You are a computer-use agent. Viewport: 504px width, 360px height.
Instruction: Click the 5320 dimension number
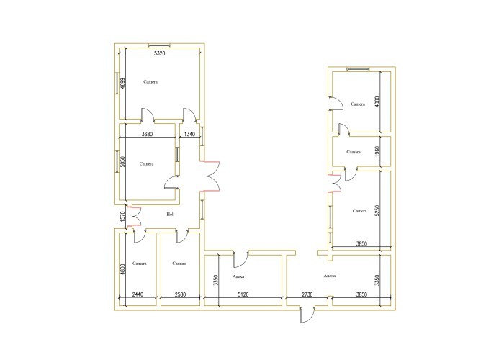tap(159, 53)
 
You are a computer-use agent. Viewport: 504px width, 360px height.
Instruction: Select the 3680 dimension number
tap(147, 134)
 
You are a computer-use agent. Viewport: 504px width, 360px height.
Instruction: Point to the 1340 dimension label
tap(189, 134)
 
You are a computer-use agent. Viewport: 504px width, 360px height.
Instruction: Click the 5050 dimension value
tap(122, 162)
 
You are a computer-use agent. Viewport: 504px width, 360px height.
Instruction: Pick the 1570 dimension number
tap(122, 217)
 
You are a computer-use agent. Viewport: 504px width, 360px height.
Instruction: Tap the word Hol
tap(170, 215)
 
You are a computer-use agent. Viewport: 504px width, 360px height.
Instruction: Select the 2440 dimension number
tap(138, 294)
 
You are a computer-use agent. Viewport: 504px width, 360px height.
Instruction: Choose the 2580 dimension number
tap(180, 294)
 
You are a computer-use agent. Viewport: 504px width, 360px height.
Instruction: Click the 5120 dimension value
tap(243, 294)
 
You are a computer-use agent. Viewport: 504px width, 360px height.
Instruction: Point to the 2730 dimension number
tap(307, 294)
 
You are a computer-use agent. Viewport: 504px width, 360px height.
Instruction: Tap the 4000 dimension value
tap(377, 102)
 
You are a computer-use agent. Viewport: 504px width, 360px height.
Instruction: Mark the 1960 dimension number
tap(377, 152)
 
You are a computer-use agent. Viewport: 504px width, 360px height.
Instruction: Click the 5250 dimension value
tap(377, 210)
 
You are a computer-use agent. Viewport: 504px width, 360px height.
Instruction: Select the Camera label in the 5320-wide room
tap(150, 82)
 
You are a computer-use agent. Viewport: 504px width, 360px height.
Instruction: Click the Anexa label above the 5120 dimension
tap(238, 276)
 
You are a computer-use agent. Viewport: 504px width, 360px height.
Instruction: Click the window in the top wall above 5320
tap(159, 45)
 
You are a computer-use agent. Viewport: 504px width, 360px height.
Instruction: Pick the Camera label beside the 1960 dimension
tap(354, 152)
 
